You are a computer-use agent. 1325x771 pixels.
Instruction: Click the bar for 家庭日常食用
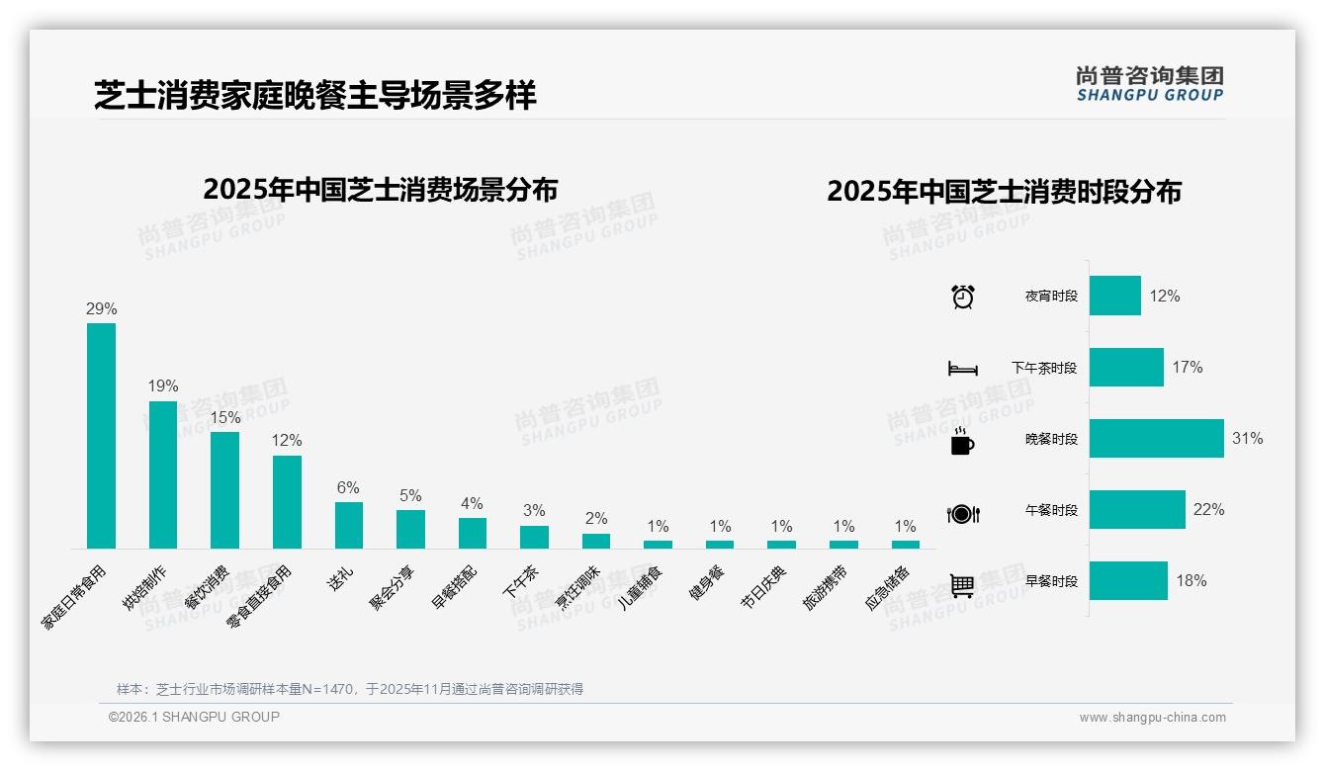101,436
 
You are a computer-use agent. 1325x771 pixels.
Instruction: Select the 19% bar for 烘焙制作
163,474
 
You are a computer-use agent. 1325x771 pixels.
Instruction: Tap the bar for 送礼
348,525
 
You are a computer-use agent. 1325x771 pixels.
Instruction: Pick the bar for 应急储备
905,545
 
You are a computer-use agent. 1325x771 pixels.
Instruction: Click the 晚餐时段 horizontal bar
1156,439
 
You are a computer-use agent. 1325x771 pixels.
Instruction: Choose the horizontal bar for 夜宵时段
1114,296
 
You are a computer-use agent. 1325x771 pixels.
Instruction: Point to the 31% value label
1247,439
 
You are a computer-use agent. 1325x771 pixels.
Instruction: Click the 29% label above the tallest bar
101,309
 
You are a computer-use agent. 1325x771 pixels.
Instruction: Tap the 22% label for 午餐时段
1208,510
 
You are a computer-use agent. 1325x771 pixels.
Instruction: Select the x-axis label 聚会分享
393,589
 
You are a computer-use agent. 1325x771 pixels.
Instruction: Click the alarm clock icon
962,297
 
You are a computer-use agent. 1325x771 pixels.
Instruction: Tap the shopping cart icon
962,585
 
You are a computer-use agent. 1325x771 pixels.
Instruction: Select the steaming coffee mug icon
962,441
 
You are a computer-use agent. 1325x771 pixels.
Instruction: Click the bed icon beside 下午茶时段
962,369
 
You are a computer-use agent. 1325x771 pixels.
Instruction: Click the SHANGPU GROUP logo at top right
1149,84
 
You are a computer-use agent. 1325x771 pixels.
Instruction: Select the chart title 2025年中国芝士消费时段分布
1004,192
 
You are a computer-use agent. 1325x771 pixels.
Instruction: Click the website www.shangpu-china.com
1152,718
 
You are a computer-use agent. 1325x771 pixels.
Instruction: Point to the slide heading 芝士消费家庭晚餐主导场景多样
315,96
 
